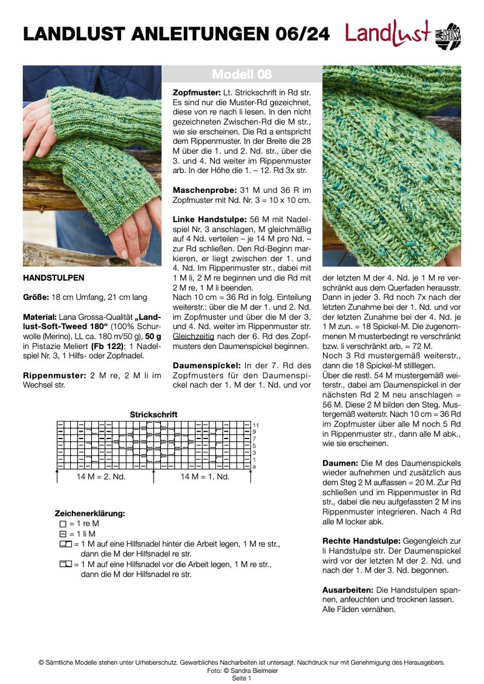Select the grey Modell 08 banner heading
click(x=241, y=74)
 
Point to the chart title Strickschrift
click(x=154, y=414)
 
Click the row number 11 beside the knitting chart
click(x=256, y=425)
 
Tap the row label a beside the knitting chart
click(x=255, y=466)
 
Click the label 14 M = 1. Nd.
click(x=205, y=477)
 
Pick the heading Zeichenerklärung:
click(x=90, y=513)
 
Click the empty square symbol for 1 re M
click(x=63, y=524)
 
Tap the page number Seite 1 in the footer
click(x=241, y=678)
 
